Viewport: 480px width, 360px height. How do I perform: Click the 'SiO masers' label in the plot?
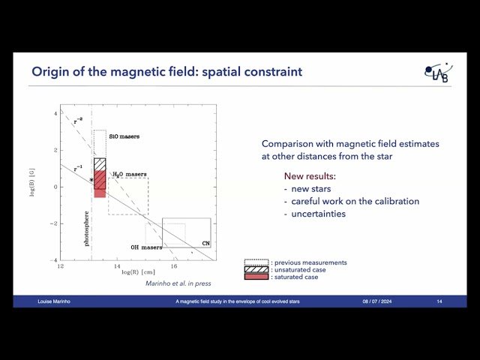[124, 136]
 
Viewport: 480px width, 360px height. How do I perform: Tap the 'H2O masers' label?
[129, 174]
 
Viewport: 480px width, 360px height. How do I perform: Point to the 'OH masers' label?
[146, 247]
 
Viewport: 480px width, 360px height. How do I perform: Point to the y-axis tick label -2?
[54, 223]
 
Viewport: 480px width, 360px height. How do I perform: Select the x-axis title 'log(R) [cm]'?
[138, 273]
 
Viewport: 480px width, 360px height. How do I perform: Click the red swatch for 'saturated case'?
[256, 277]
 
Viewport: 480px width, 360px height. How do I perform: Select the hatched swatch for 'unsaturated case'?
[256, 270]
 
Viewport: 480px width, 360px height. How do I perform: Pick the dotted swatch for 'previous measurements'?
[256, 262]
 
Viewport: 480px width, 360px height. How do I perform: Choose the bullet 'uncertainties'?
[318, 214]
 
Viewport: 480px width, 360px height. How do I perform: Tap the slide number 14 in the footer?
[439, 301]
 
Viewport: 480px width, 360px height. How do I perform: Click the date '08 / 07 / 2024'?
[376, 301]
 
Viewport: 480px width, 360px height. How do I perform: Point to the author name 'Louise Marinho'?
[56, 301]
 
